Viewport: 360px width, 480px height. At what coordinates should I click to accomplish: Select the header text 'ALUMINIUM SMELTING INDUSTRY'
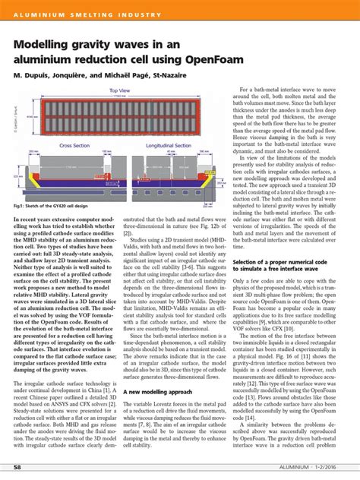85,15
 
